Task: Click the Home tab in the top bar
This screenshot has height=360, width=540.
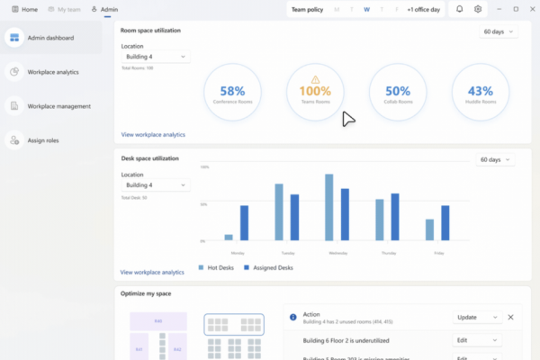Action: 24,9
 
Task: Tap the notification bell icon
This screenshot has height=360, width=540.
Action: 460,9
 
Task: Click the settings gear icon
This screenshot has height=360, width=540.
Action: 479,9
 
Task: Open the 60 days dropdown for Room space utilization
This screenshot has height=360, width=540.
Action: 499,31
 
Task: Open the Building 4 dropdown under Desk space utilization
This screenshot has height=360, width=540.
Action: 155,185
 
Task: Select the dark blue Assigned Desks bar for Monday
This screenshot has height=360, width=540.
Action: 244,222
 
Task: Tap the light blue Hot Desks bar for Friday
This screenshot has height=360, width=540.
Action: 430,229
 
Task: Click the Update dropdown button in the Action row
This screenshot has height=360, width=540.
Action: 477,318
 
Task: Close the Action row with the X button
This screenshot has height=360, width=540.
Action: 511,318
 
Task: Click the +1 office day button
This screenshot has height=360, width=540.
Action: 423,9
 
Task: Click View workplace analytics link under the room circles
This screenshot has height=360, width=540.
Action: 153,134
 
